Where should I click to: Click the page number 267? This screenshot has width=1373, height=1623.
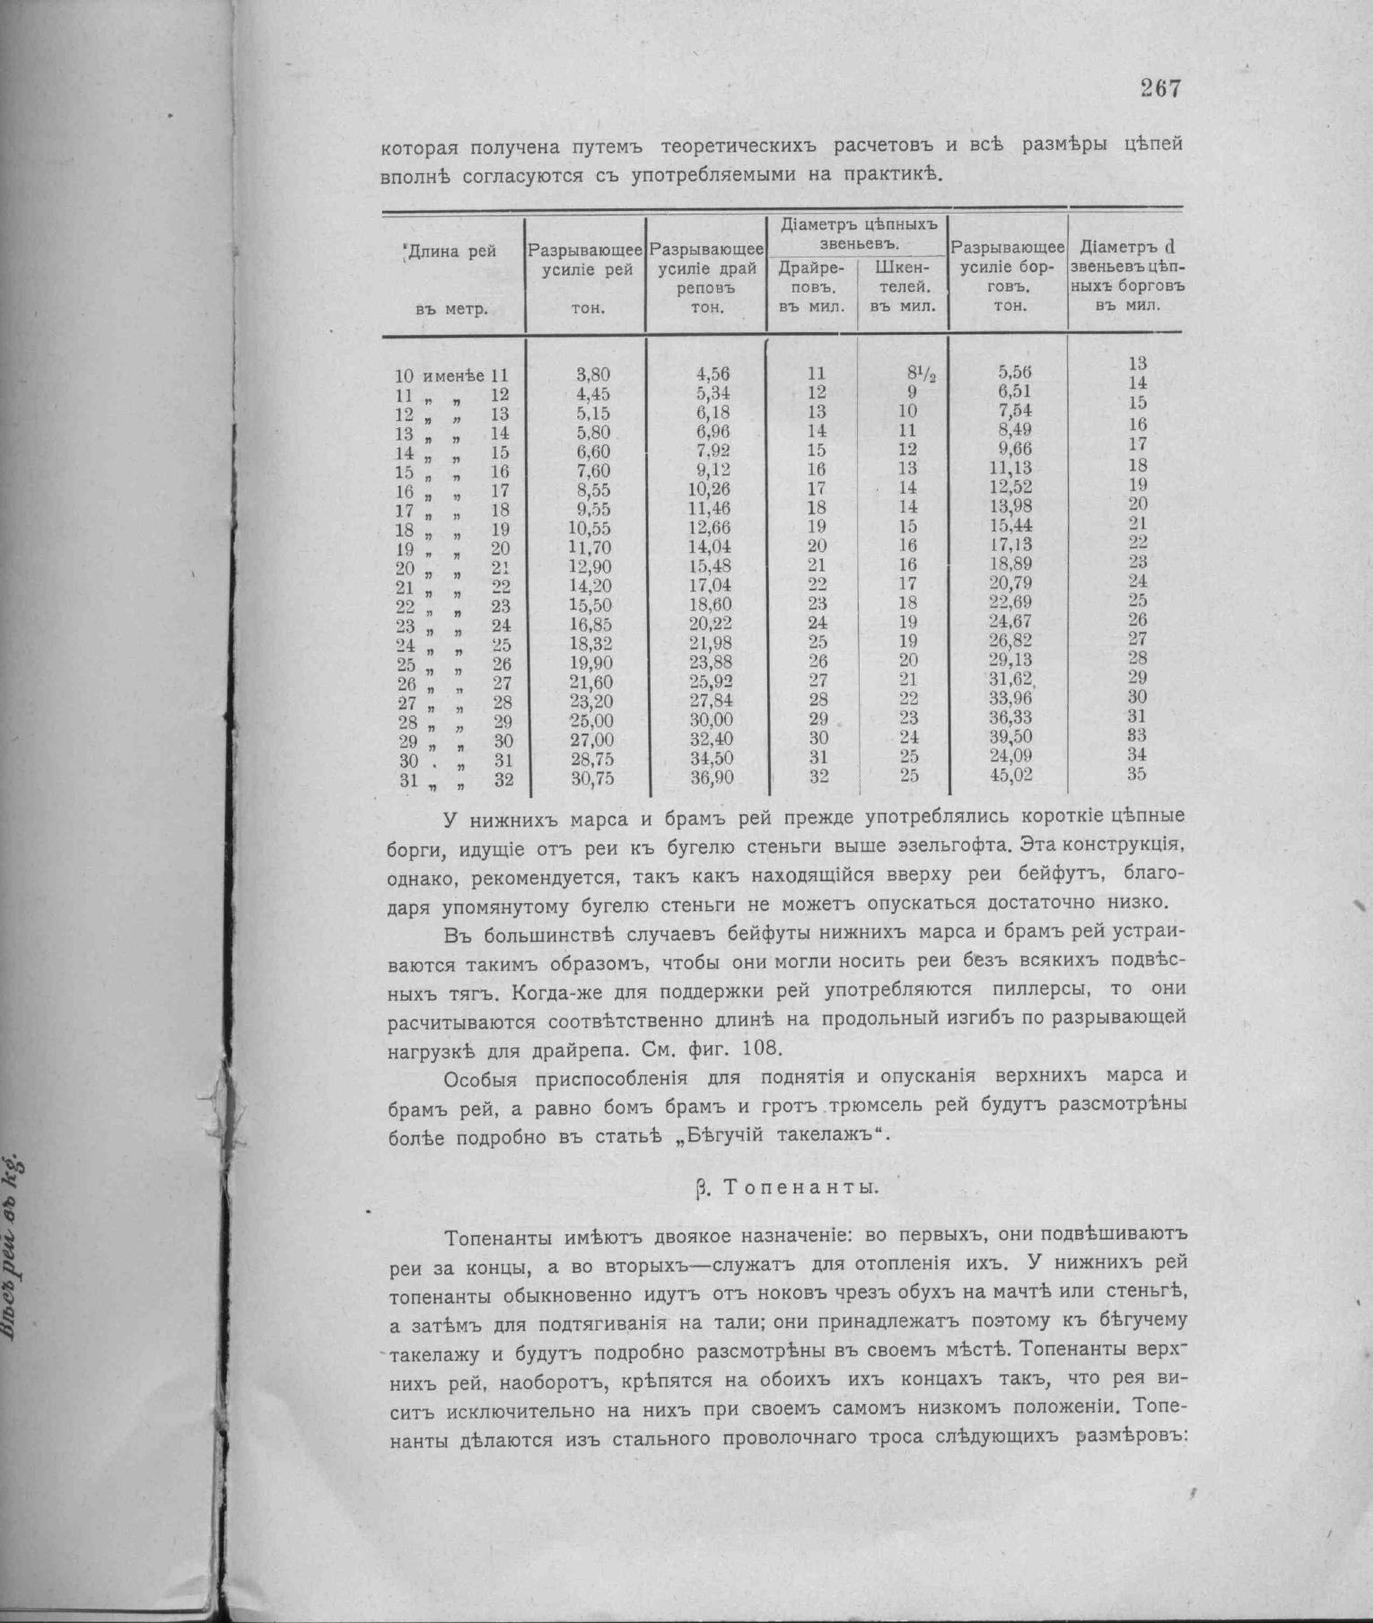[x=1161, y=88]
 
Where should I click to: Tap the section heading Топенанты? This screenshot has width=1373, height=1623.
[x=800, y=1187]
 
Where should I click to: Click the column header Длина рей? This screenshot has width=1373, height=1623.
[x=452, y=251]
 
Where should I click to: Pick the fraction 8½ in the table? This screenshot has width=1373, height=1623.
[x=920, y=373]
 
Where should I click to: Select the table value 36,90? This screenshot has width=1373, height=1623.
[x=713, y=777]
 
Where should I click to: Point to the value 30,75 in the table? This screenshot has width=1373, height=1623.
[x=592, y=778]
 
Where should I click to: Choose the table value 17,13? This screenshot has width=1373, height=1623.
[x=1011, y=544]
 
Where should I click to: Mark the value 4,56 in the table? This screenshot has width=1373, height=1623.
[x=713, y=374]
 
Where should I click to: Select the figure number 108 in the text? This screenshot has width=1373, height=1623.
[x=768, y=1048]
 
